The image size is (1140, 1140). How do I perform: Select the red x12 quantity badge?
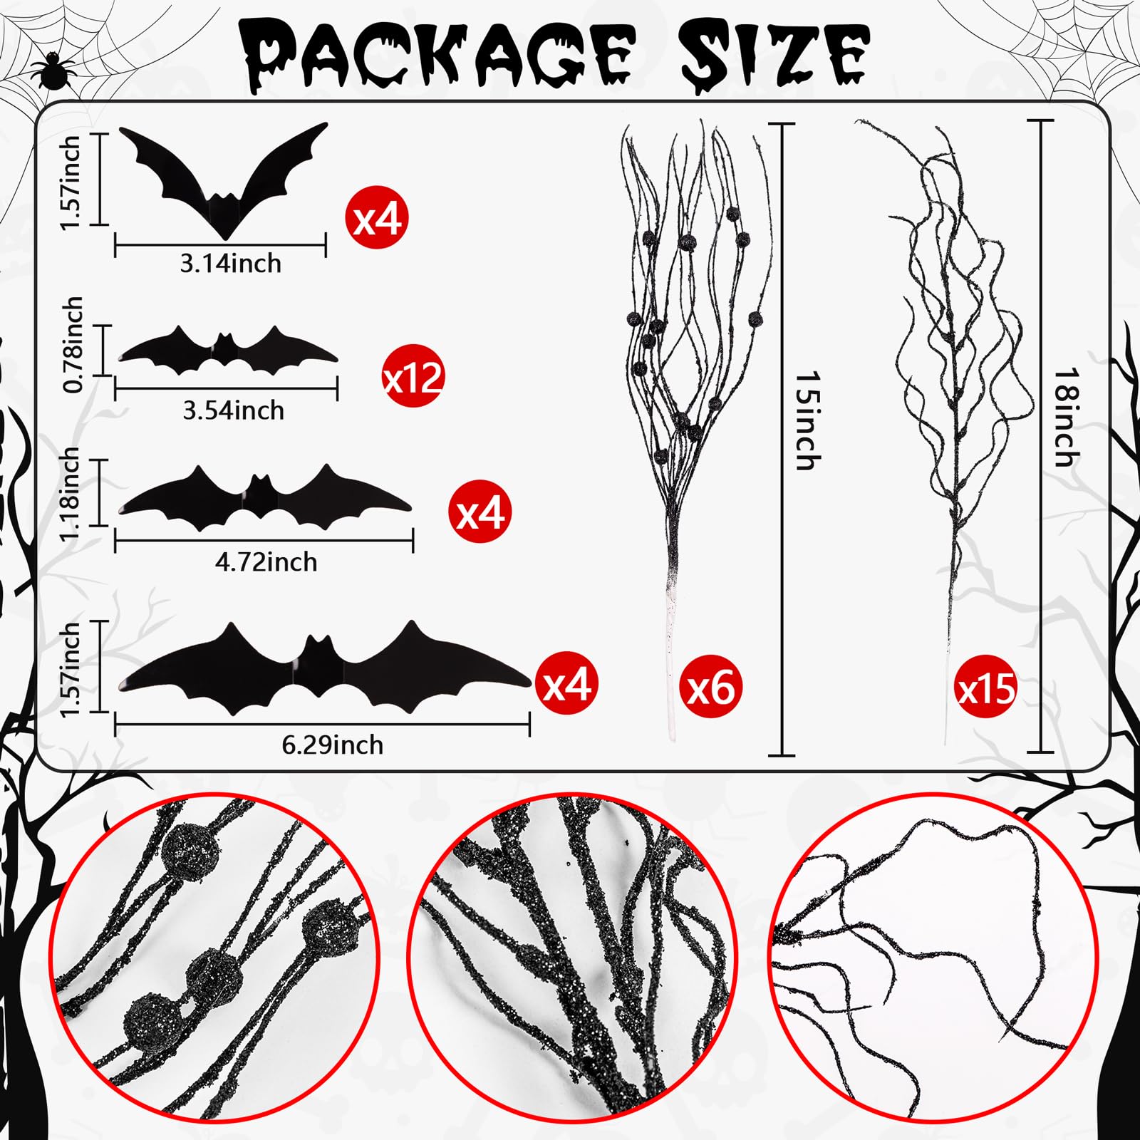[x=413, y=377]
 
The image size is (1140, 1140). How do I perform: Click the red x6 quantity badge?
[x=712, y=688]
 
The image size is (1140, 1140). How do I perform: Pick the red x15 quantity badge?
[x=986, y=688]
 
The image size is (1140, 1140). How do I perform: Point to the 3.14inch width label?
[x=231, y=264]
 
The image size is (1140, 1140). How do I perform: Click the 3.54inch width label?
[x=234, y=410]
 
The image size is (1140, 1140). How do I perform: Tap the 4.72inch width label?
[x=266, y=562]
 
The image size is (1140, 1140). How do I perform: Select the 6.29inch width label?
[x=333, y=745]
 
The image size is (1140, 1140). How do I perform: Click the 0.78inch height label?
[x=73, y=345]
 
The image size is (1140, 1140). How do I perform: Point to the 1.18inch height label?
[x=70, y=494]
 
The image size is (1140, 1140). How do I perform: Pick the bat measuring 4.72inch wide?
[x=264, y=499]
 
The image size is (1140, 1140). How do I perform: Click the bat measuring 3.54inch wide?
[x=227, y=351]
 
